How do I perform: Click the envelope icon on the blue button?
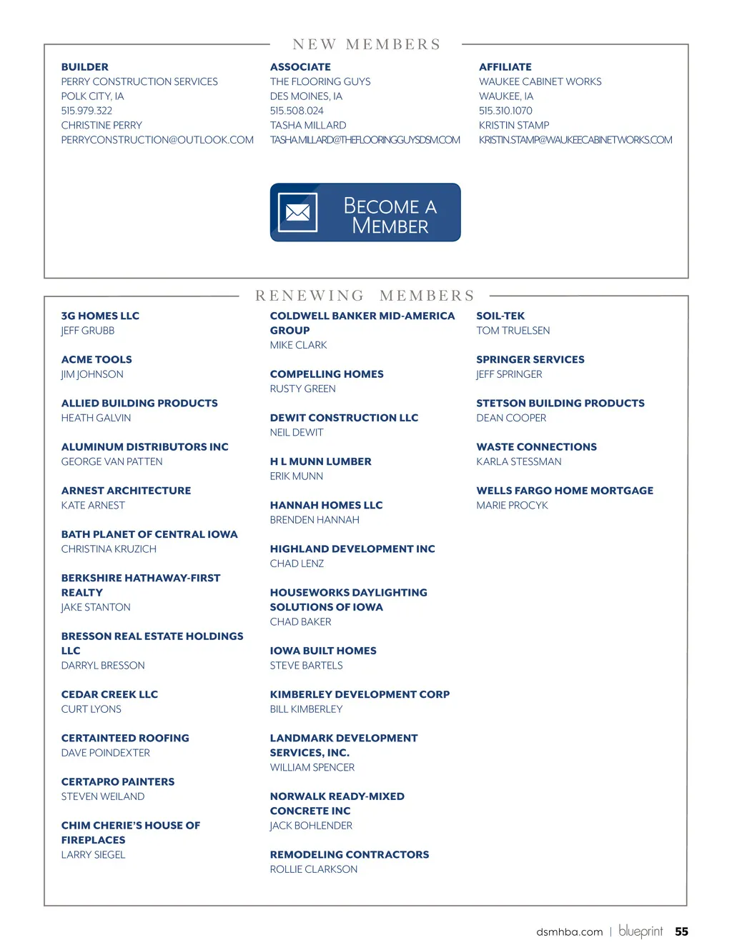[297, 212]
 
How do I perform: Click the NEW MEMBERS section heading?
[366, 44]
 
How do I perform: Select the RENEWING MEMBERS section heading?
[365, 296]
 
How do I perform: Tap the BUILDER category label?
[85, 67]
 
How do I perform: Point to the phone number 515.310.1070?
[505, 111]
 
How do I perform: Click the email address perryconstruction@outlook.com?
[157, 140]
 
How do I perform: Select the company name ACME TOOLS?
[97, 360]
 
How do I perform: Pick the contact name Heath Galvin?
[96, 418]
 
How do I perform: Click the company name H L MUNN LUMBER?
[320, 462]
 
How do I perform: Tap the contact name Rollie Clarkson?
[313, 869]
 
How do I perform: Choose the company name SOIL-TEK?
[500, 316]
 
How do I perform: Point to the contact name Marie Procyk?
[512, 506]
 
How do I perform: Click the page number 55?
[681, 931]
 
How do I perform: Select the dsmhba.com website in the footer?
[569, 932]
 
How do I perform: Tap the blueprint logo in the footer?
[640, 931]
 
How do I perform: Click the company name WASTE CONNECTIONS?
[536, 447]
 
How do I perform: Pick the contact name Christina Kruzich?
[109, 549]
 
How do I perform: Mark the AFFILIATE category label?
[505, 67]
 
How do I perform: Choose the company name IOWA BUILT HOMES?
[323, 651]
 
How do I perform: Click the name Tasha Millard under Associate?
[308, 125]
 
